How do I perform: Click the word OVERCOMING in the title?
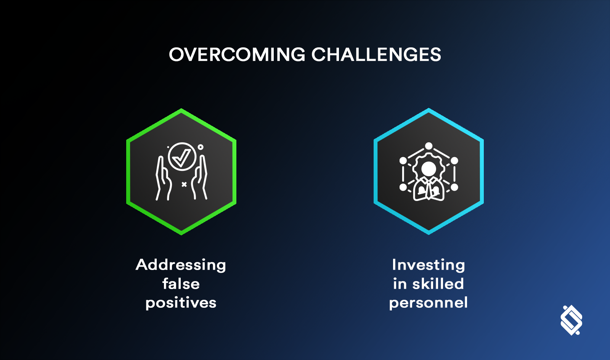(237, 55)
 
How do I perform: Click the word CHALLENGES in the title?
(376, 55)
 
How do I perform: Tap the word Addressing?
(181, 265)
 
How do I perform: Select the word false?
(181, 284)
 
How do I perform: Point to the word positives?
(181, 303)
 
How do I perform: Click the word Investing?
(429, 265)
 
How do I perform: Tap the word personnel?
(429, 303)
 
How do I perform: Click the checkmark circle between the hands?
(182, 156)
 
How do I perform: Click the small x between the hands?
(184, 185)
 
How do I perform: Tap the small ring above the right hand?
(201, 147)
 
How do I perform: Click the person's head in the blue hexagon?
(429, 168)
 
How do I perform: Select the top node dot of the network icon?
(429, 146)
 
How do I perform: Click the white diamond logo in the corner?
(571, 320)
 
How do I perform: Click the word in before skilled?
(400, 284)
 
